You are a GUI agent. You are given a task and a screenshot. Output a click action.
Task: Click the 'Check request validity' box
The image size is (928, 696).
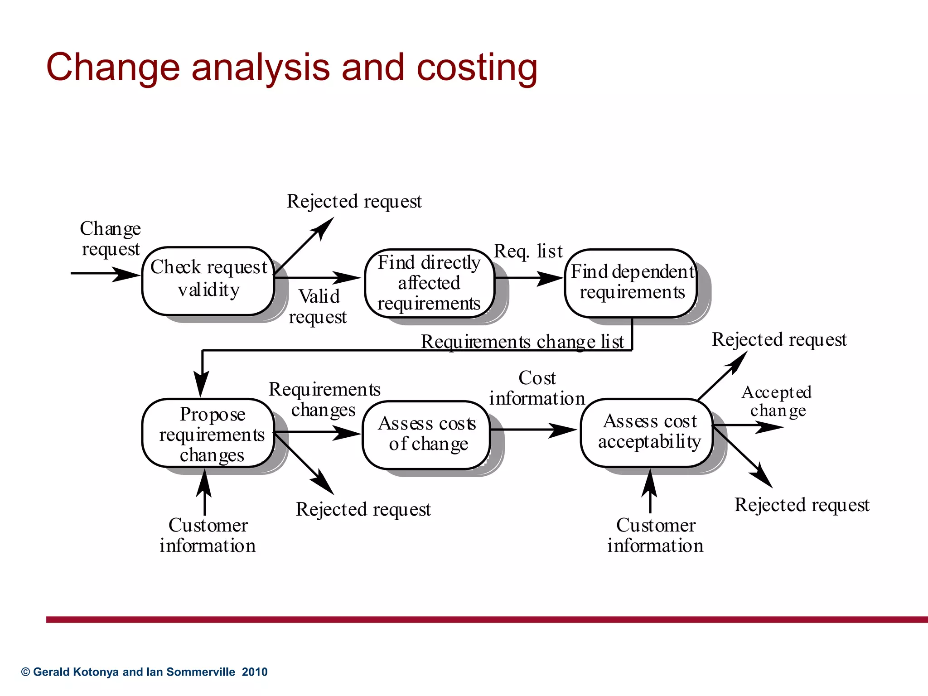[x=208, y=280]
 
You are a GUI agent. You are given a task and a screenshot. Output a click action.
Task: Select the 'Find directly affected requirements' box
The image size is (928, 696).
[x=429, y=283]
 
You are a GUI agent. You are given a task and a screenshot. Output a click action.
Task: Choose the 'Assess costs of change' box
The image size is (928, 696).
[x=426, y=435]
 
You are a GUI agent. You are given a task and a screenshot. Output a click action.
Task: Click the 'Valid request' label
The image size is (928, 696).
[x=318, y=307]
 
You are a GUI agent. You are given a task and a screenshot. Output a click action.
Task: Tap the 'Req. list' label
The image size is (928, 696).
[x=528, y=251]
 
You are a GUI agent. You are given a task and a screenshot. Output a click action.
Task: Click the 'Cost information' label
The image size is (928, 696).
[x=536, y=388]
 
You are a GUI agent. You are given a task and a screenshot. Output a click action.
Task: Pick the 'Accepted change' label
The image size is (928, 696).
[x=777, y=401]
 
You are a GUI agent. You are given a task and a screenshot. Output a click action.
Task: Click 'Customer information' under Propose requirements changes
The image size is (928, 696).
[x=208, y=536]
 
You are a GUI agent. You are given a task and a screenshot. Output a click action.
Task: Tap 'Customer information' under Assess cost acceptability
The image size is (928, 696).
[x=655, y=536]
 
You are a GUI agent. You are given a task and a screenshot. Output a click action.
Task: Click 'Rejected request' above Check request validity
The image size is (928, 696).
[x=354, y=202]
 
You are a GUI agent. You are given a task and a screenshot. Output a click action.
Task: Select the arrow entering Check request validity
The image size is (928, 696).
[x=105, y=274]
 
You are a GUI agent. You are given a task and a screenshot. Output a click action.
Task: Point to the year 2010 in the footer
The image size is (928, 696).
[x=255, y=672]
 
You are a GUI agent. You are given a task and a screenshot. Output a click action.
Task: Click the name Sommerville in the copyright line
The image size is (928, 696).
[x=201, y=672]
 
